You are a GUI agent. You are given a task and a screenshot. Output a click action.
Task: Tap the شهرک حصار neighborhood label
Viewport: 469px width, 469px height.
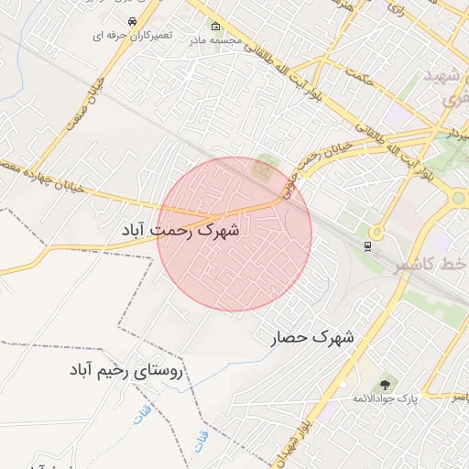312,338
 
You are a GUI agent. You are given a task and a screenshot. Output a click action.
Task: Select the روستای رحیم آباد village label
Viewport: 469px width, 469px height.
126,371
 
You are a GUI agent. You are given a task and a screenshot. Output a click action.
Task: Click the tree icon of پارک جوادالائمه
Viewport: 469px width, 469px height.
384,385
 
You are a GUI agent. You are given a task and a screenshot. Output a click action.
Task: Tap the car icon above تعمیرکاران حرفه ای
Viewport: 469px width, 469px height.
133,20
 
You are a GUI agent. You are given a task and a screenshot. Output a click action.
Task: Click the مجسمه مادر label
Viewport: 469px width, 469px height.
215,40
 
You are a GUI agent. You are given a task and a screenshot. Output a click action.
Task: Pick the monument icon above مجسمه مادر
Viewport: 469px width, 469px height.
215,26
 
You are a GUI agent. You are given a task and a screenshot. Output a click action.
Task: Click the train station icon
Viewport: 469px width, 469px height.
367,245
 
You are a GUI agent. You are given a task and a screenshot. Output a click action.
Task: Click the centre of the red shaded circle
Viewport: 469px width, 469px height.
234,234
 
